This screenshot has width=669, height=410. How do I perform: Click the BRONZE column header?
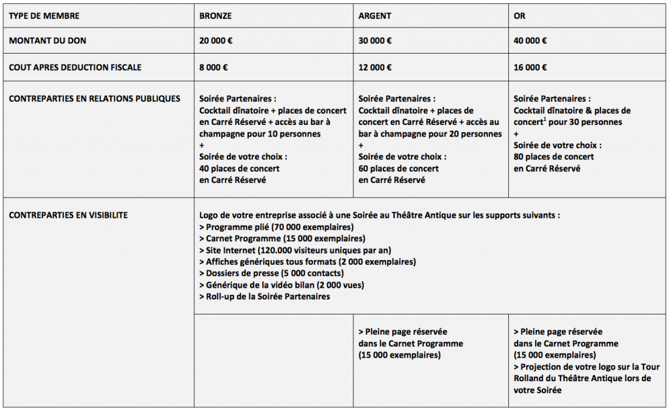pos(215,15)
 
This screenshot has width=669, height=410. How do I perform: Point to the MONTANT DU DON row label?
pos(47,41)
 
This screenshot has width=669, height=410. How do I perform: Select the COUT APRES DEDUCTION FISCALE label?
pos(75,67)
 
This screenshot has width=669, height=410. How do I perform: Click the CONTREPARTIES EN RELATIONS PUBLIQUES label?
pos(94,99)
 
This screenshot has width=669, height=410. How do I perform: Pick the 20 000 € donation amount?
pos(216,41)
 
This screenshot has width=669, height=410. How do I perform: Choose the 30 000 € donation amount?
pos(376,41)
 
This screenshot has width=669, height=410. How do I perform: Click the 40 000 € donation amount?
pos(530,41)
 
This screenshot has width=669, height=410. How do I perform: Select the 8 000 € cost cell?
pos(214,67)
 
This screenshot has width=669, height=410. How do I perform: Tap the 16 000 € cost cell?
pos(530,67)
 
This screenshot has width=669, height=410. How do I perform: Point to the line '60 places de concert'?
pos(399,169)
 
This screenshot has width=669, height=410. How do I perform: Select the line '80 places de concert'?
pos(554,157)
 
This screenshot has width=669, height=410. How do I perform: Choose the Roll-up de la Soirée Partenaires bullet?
pos(265,297)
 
